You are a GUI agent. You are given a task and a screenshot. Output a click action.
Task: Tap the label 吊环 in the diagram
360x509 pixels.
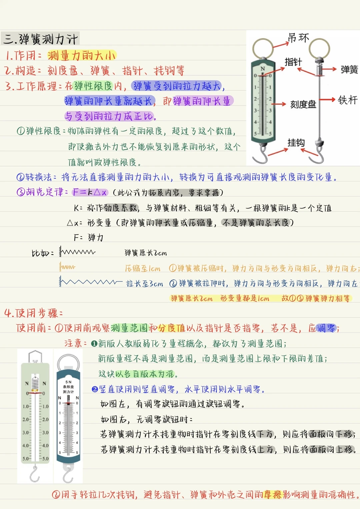pyautogui.click(x=298, y=38)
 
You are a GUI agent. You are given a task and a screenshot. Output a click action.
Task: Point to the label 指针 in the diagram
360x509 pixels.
pyautogui.click(x=293, y=62)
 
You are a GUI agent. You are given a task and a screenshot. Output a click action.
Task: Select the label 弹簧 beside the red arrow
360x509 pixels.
pyautogui.click(x=349, y=69)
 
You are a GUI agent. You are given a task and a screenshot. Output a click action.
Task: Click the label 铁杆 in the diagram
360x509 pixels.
pyautogui.click(x=348, y=100)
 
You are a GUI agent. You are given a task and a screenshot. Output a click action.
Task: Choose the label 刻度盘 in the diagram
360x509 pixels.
pyautogui.click(x=303, y=104)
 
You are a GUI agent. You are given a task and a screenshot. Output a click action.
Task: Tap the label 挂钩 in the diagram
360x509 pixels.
pyautogui.click(x=296, y=143)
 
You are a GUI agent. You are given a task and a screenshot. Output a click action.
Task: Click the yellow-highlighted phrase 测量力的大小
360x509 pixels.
pyautogui.click(x=81, y=55)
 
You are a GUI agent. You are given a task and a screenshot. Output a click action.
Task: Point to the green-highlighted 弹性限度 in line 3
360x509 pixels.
pyautogui.click(x=94, y=86)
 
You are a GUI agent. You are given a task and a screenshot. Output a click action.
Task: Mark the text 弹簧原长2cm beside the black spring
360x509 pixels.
pyautogui.click(x=146, y=253)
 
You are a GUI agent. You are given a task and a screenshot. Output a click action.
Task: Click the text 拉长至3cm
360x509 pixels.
pyautogui.click(x=144, y=283)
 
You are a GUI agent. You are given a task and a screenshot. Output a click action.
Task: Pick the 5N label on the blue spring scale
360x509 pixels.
pyautogui.click(x=68, y=382)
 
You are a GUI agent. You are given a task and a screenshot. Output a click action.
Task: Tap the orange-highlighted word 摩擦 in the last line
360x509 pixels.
pyautogui.click(x=272, y=495)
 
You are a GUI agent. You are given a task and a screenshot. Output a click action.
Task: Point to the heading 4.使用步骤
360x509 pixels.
pyautogui.click(x=33, y=313)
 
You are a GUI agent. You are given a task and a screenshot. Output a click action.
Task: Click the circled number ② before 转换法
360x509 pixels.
pyautogui.click(x=21, y=177)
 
